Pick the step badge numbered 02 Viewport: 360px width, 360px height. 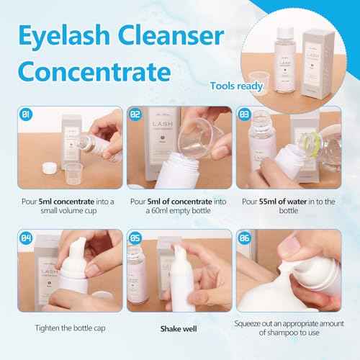(x=134, y=114)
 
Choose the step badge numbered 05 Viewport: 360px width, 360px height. (x=134, y=238)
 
